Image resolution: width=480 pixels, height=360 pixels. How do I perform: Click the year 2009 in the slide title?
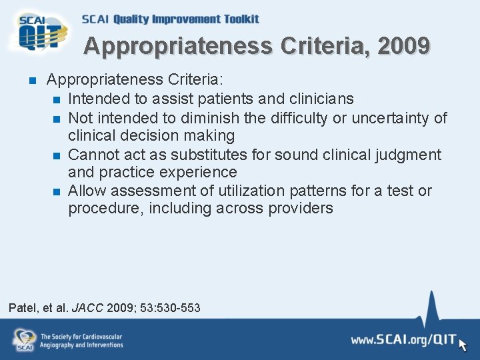(x=403, y=46)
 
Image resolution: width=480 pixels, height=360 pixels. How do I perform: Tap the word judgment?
(x=407, y=155)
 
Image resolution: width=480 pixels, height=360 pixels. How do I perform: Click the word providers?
(x=301, y=208)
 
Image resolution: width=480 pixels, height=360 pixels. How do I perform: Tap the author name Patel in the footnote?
(x=23, y=308)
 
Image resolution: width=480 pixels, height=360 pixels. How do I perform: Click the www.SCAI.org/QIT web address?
(x=404, y=340)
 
